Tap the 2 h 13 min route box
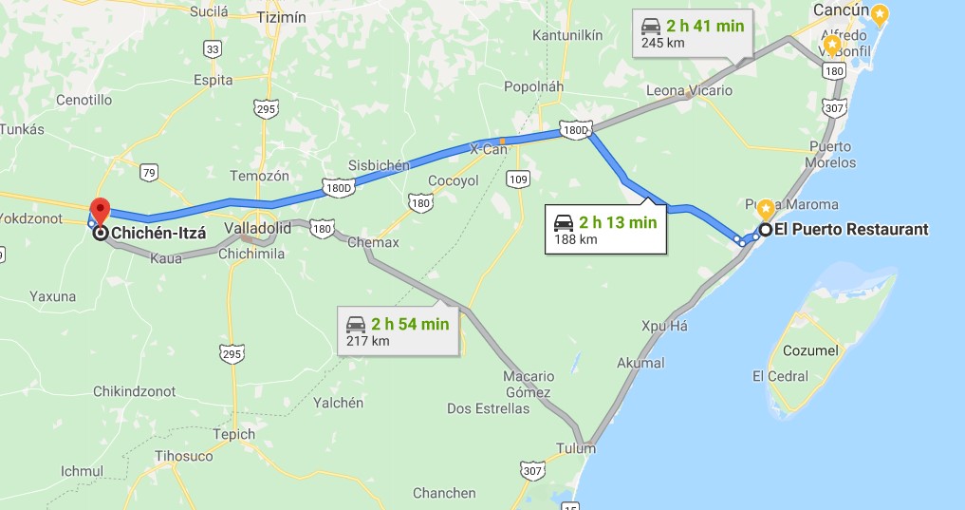click(x=605, y=231)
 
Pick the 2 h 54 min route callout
click(x=399, y=331)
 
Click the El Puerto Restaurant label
click(x=851, y=229)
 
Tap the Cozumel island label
click(x=810, y=350)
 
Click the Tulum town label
click(x=577, y=448)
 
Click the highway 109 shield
click(x=518, y=179)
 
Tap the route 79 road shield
click(x=149, y=172)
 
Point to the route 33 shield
click(x=213, y=48)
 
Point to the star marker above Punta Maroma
click(x=765, y=207)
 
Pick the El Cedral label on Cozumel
click(x=779, y=376)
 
